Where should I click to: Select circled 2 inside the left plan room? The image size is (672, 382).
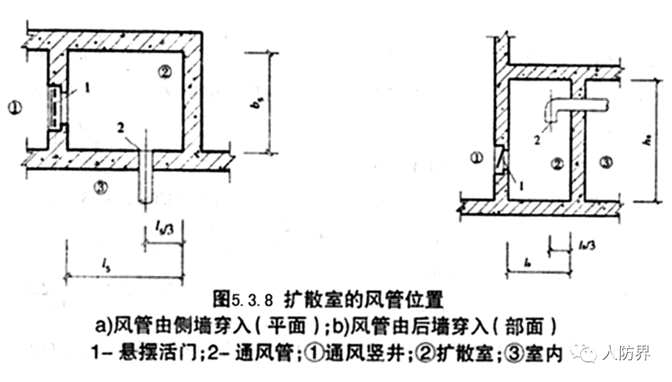pyautogui.click(x=165, y=71)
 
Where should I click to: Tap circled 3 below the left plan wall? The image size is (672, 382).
pyautogui.click(x=100, y=187)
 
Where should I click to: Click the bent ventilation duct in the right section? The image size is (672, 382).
pyautogui.click(x=574, y=105)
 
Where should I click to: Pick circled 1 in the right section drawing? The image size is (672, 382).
pyautogui.click(x=478, y=157)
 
